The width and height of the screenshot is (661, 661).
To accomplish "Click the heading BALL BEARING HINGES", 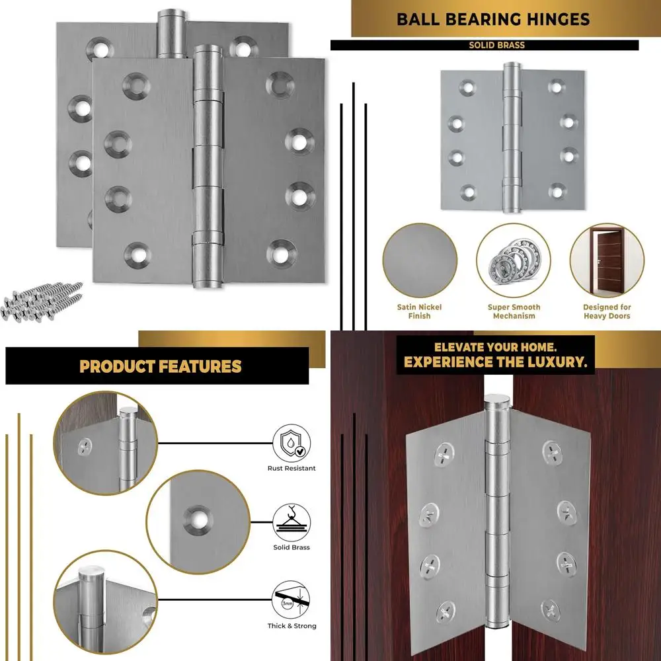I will (493, 19).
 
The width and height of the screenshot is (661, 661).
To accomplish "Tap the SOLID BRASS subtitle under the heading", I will (496, 46).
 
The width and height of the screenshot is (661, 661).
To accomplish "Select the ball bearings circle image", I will (514, 260).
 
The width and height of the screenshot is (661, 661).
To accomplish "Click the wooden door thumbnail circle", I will (607, 260).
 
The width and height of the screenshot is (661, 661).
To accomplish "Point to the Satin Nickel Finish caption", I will (419, 311).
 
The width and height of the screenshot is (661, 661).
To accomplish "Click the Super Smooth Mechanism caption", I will (514, 311).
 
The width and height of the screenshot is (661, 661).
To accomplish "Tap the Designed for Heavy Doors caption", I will (607, 311).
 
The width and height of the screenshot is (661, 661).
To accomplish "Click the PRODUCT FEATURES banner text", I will (161, 366).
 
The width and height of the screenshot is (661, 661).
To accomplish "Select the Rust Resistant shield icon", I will (292, 442).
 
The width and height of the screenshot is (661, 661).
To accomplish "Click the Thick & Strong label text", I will (292, 626).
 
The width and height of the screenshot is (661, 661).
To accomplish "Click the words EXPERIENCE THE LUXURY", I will (495, 362).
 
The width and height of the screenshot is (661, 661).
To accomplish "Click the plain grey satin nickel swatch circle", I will (419, 260).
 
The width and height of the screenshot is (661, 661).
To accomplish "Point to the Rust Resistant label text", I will (292, 469).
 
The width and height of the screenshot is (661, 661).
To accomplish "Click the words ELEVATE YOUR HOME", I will (495, 347).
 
